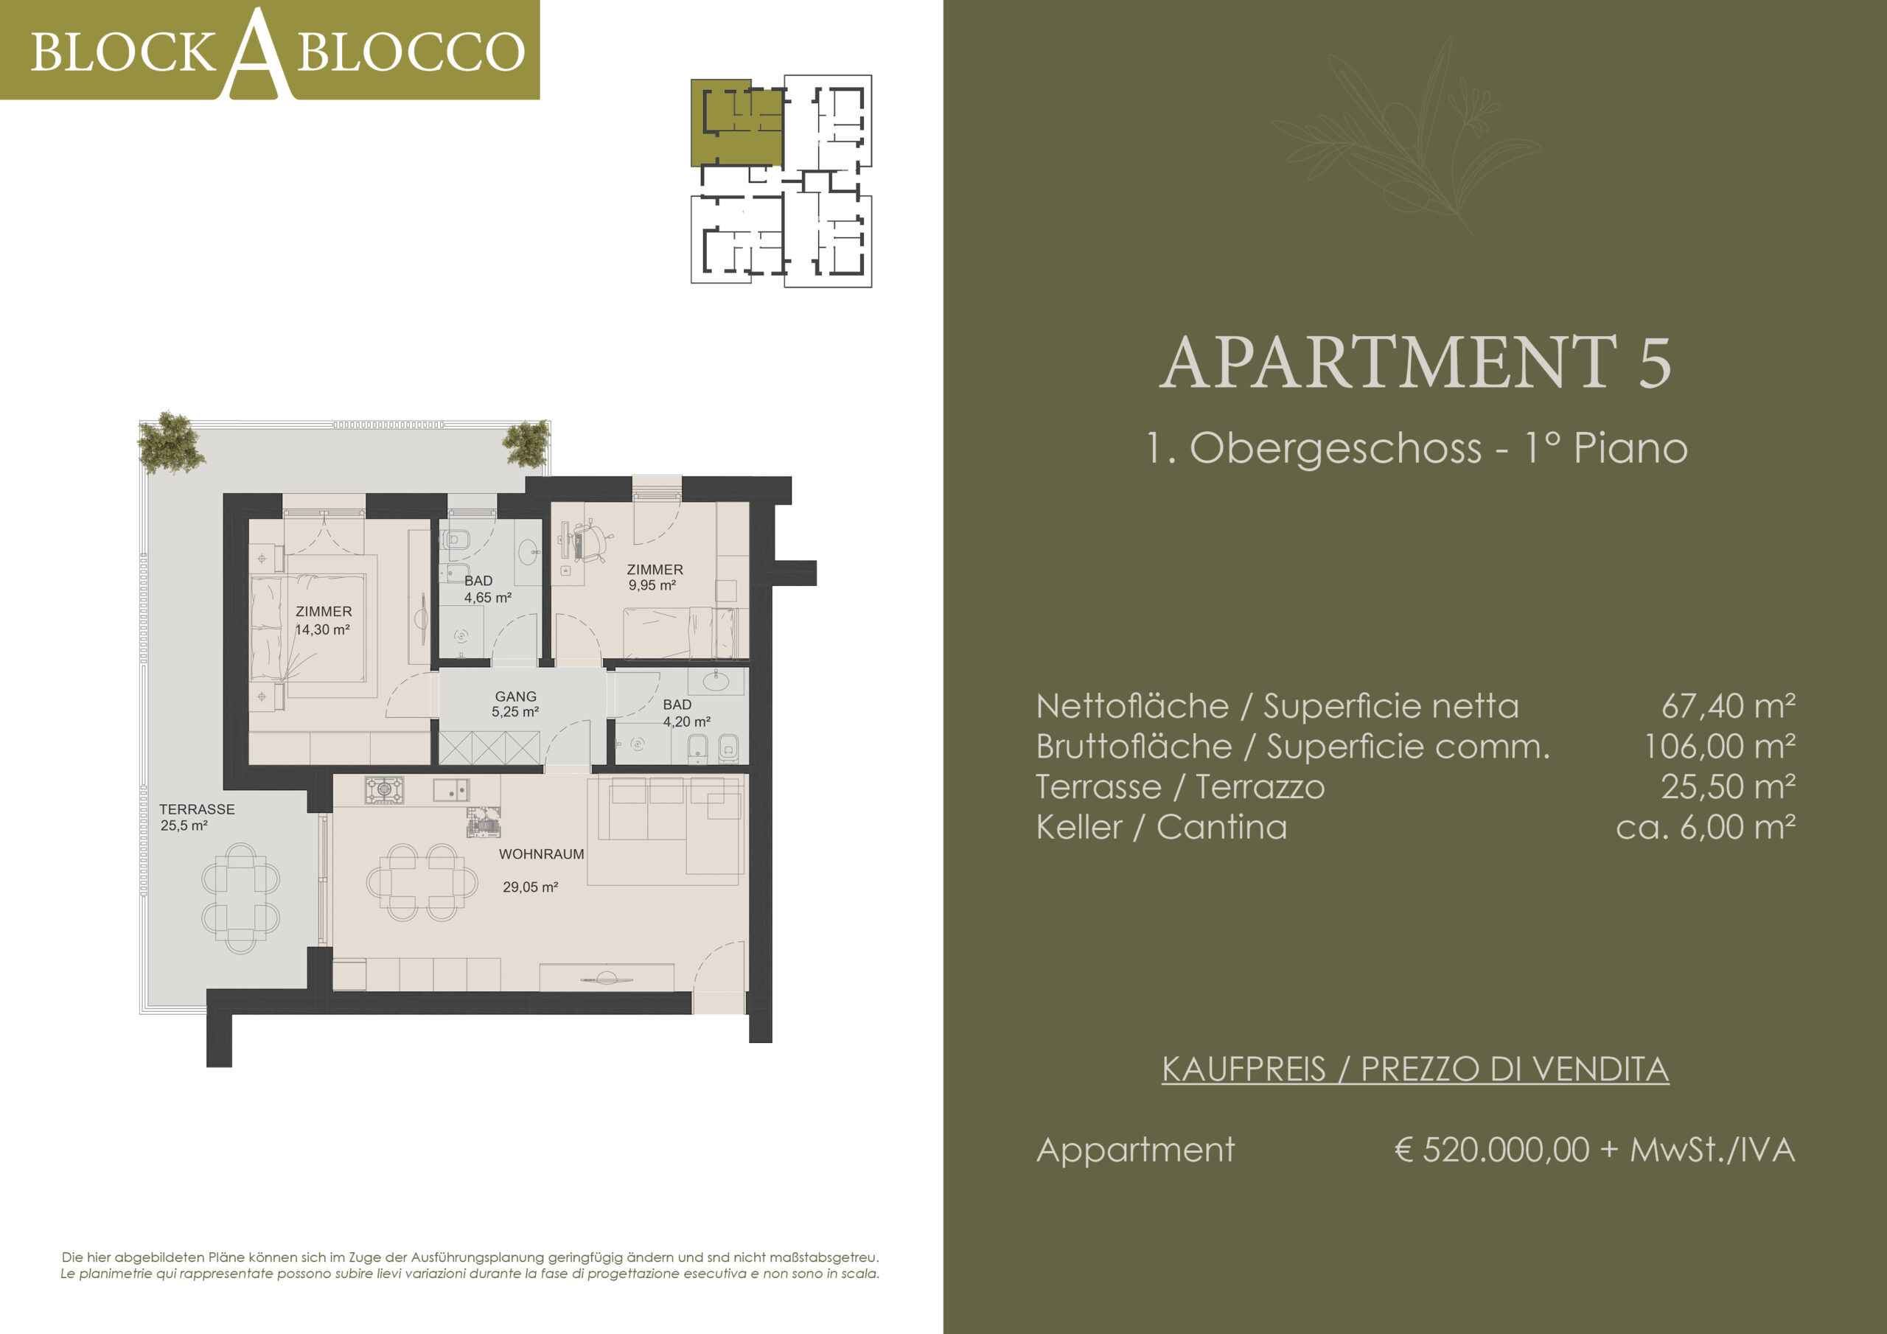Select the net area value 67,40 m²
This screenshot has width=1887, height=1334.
pyautogui.click(x=1729, y=706)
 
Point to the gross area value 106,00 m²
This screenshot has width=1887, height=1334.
pyautogui.click(x=1720, y=747)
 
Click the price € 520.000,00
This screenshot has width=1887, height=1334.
pyautogui.click(x=1492, y=1149)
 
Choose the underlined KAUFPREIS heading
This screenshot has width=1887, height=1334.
pyautogui.click(x=1415, y=1069)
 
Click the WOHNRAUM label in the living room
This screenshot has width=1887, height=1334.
pyautogui.click(x=541, y=854)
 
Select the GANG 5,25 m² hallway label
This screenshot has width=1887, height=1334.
pyautogui.click(x=515, y=704)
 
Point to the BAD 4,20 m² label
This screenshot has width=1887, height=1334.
pyautogui.click(x=686, y=713)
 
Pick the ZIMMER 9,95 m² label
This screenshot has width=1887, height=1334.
pyautogui.click(x=655, y=577)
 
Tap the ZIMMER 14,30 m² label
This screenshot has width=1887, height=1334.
pyautogui.click(x=323, y=621)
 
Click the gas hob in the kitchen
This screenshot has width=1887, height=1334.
pyautogui.click(x=385, y=791)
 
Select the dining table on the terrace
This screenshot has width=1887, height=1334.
pyautogui.click(x=241, y=898)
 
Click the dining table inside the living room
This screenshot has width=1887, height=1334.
pyautogui.click(x=422, y=882)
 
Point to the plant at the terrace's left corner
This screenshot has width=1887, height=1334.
pyautogui.click(x=171, y=443)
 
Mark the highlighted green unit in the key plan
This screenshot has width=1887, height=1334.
pyautogui.click(x=736, y=122)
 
